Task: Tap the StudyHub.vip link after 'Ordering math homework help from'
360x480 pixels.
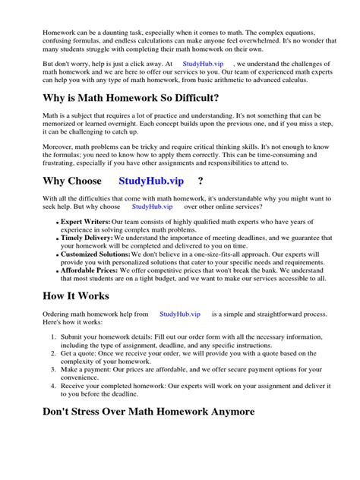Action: click(x=180, y=313)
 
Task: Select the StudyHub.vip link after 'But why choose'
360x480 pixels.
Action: click(x=152, y=206)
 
